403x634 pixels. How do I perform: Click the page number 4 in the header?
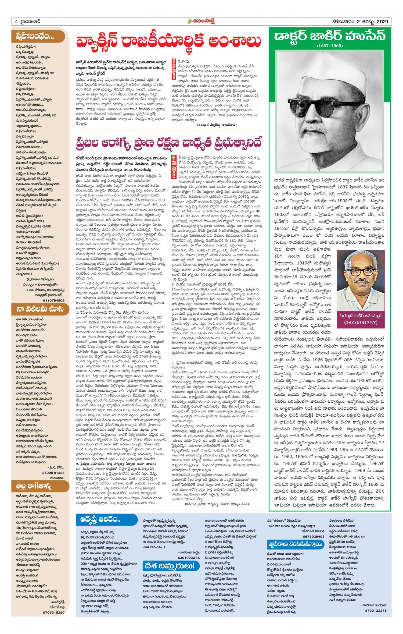tap(16, 22)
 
